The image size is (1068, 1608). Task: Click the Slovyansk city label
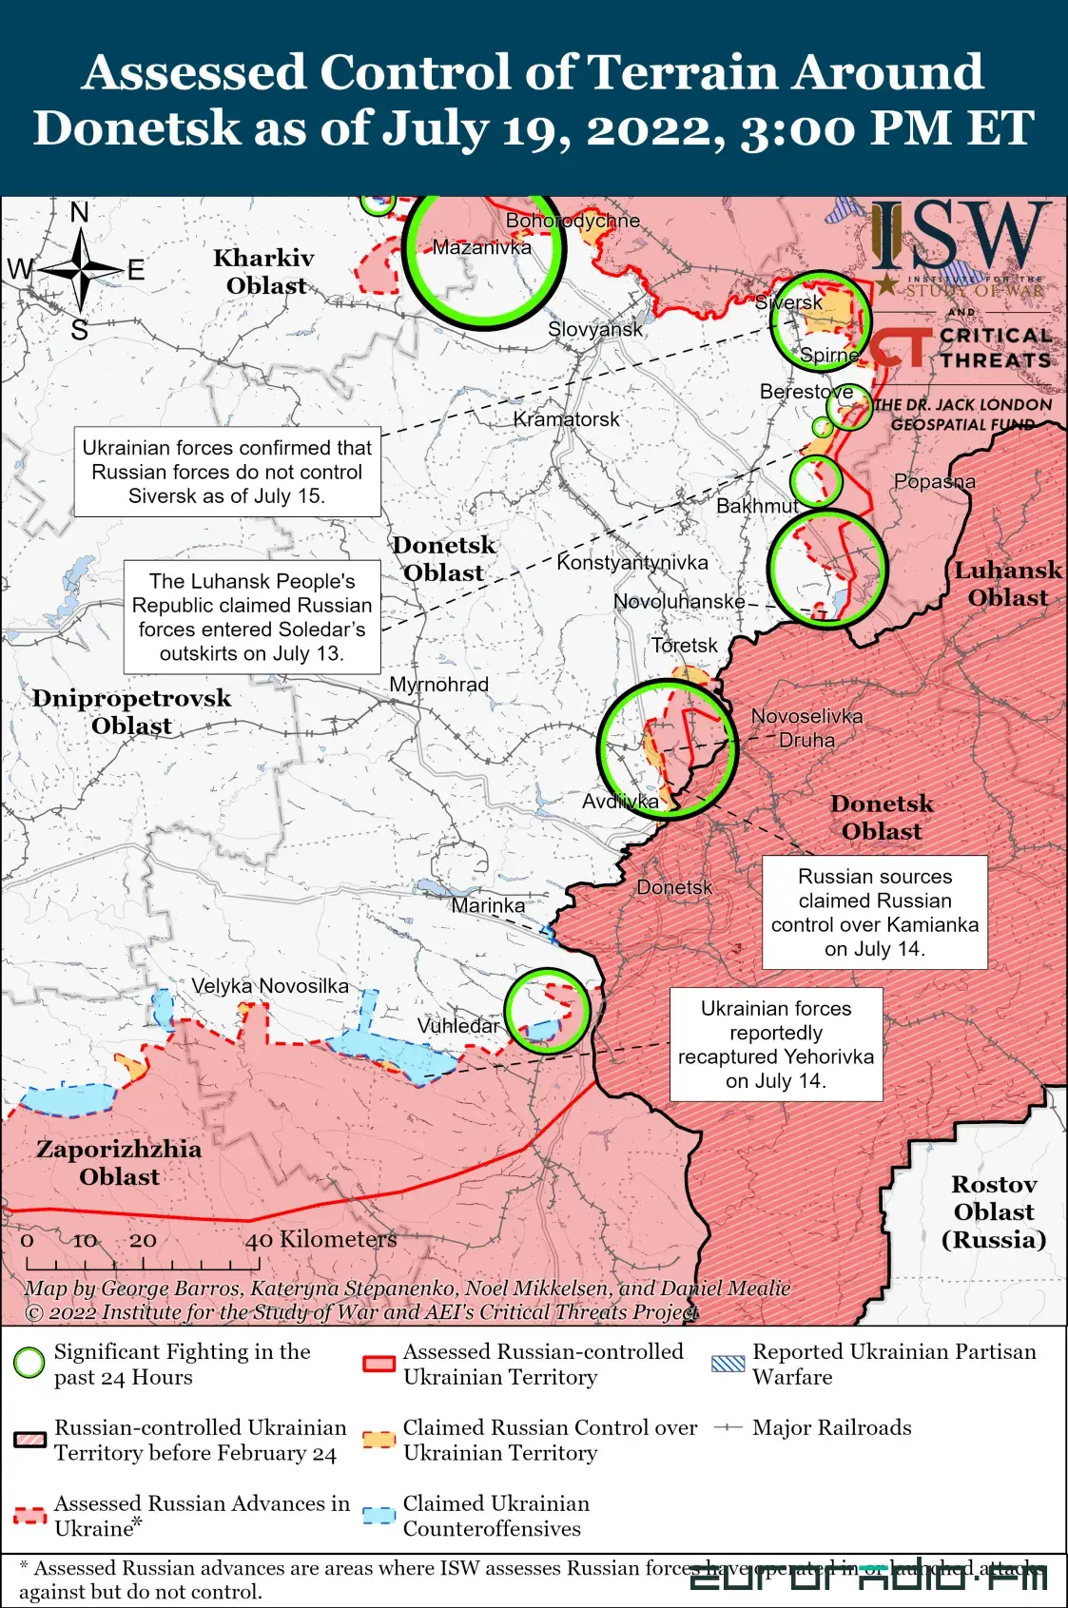coord(595,329)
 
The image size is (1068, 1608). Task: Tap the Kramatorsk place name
coord(566,419)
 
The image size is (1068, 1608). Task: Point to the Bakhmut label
coord(757,506)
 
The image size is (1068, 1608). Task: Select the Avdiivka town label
coord(620,801)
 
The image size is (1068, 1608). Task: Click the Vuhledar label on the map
coord(458,1026)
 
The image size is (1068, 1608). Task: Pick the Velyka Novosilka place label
coord(270,986)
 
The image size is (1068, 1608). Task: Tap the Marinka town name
coord(488,905)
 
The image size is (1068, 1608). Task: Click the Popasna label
coord(934,481)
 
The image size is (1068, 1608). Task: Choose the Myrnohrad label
coord(438,685)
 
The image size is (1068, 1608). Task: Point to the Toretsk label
coord(685,646)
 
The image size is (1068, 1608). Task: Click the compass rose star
coord(82,270)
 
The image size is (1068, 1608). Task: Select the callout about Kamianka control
coord(874,912)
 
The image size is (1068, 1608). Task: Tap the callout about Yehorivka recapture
coord(776,1044)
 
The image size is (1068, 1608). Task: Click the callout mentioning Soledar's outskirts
coord(252,617)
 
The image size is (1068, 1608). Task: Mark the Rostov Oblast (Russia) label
coord(994,1211)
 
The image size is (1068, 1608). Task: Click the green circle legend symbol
coord(29,1363)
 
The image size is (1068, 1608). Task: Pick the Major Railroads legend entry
coord(831,1427)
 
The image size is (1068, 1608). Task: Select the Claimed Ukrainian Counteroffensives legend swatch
coord(379,1516)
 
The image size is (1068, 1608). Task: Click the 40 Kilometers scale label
coord(320,1239)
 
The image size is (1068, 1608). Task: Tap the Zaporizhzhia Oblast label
coord(119,1163)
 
